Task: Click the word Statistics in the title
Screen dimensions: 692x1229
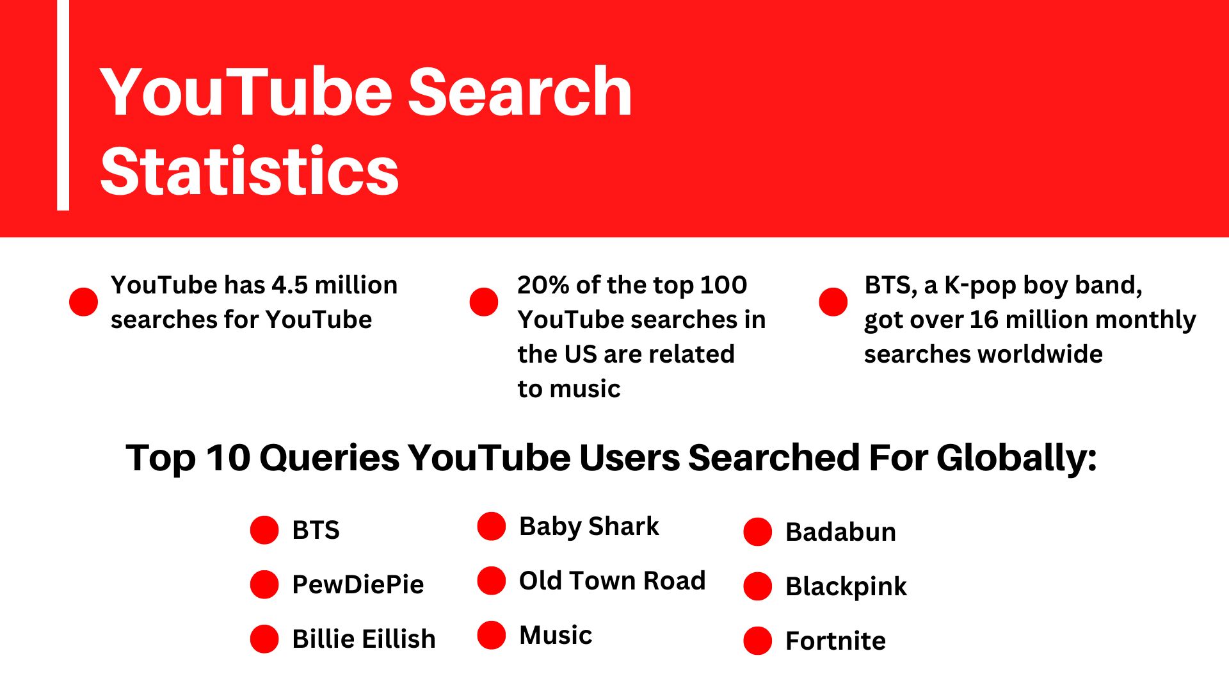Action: pos(250,170)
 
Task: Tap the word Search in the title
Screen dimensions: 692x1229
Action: pos(520,92)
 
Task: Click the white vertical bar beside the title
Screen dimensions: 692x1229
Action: pos(63,105)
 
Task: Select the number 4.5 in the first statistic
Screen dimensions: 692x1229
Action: pos(289,285)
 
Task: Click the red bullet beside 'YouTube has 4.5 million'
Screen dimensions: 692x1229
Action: pos(83,302)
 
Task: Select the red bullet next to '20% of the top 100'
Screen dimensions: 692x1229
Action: pos(484,302)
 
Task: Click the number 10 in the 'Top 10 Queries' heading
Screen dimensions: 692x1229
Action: pos(227,458)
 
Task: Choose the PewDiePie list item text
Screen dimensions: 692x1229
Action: pos(358,584)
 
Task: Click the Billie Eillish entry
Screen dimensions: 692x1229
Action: pos(364,639)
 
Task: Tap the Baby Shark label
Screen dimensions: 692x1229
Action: pos(589,527)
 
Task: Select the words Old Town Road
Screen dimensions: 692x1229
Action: pos(612,581)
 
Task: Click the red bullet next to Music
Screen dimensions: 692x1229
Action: pos(492,635)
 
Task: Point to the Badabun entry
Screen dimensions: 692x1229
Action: pos(840,532)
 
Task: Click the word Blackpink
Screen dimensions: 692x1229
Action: pos(846,586)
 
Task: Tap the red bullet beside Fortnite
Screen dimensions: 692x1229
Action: pos(758,641)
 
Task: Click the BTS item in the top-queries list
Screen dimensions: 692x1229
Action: pos(316,531)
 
